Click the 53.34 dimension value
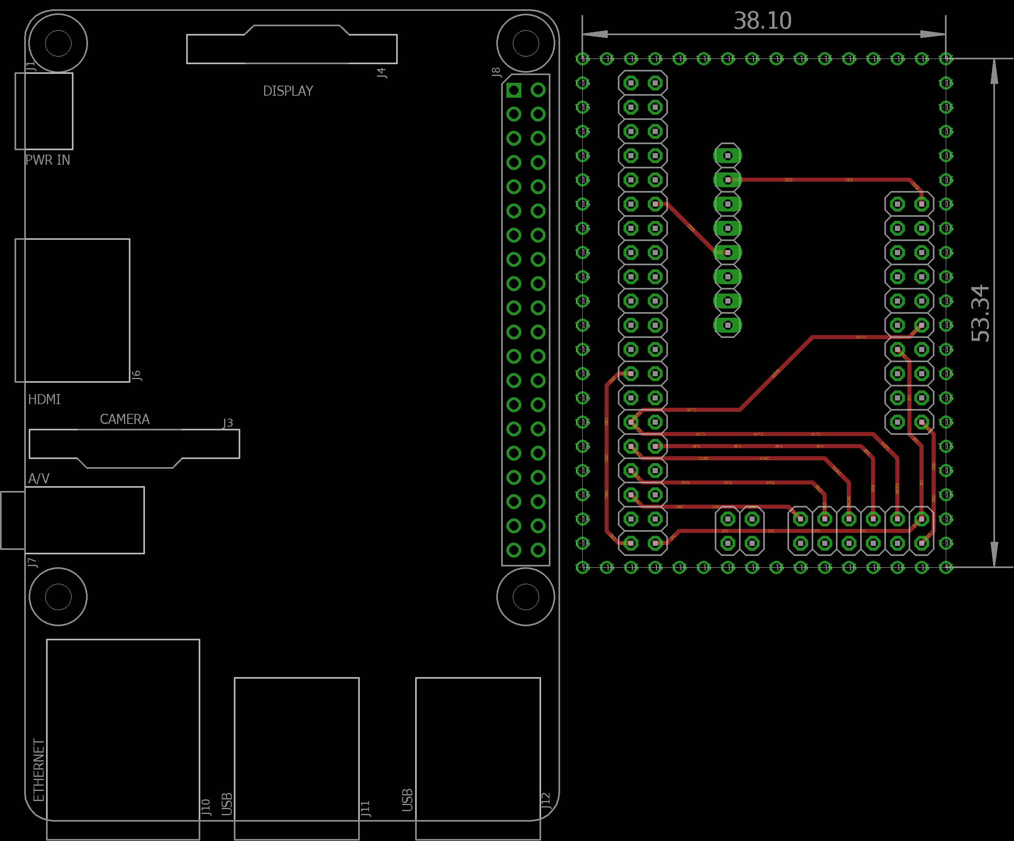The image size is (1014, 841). pos(980,313)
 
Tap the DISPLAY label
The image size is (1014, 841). pos(288,91)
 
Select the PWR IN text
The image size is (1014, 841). pos(47,160)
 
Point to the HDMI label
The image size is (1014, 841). pos(44,399)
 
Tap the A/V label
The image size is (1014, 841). pos(39,478)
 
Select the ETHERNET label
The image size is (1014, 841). pos(39,770)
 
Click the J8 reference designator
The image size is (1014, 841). pos(496,72)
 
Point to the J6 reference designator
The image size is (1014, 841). pos(136,375)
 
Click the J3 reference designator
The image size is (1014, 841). pos(228,423)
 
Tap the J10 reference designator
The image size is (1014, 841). pos(206,807)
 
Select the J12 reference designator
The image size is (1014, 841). pos(546,800)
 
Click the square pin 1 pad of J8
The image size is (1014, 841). pos(514,90)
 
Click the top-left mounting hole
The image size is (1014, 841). pos(58,44)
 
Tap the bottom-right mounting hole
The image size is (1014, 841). pos(525,597)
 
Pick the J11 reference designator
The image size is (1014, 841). pos(365,808)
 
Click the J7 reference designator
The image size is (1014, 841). pos(32,562)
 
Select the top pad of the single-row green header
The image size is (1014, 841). pos(728,155)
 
